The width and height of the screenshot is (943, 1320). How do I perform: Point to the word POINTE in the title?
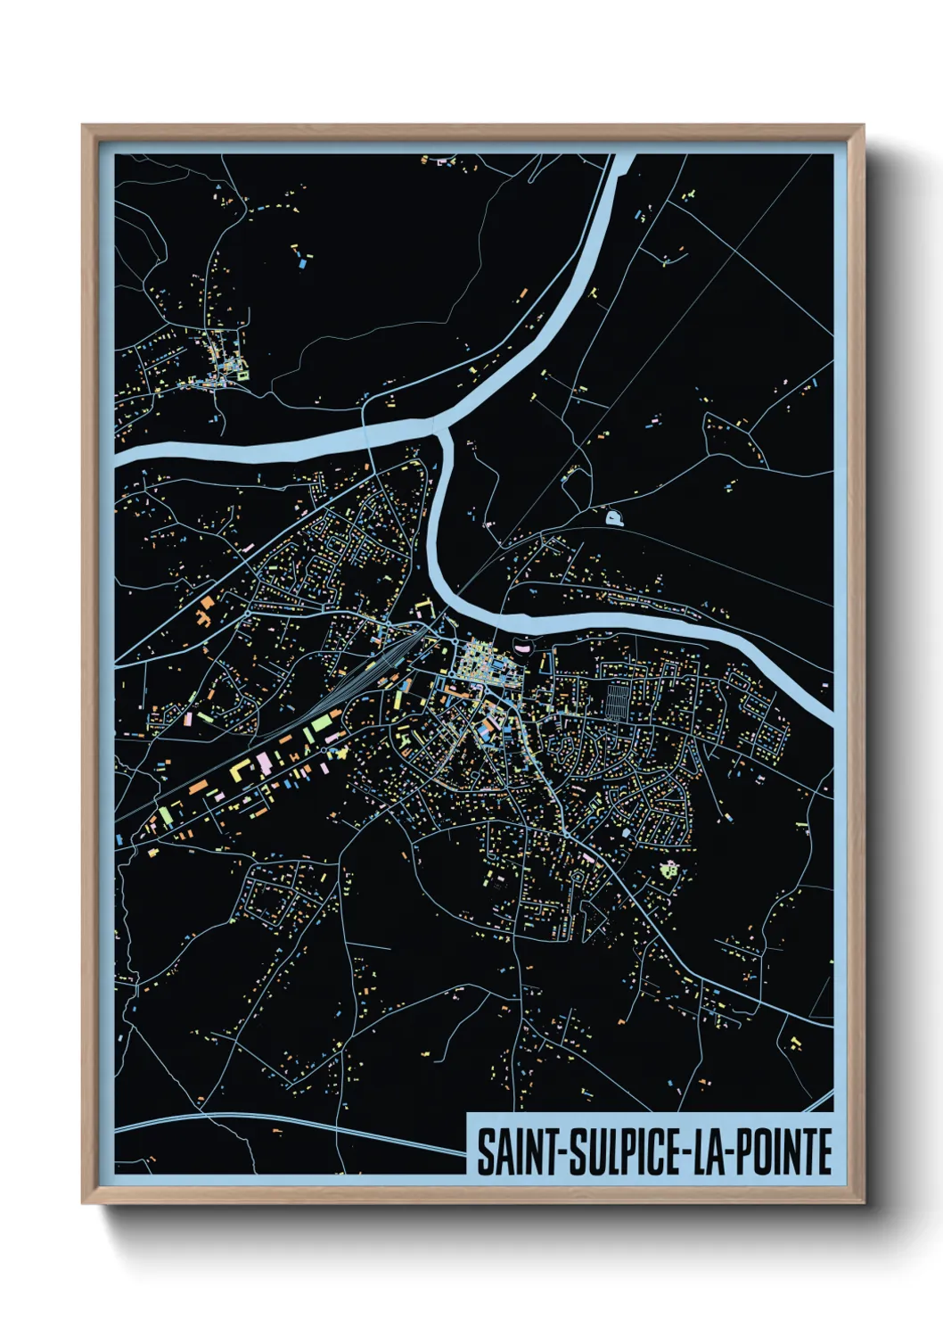pos(784,1152)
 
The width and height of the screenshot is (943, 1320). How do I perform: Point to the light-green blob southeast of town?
pos(668,867)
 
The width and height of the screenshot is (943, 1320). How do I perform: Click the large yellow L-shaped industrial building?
pos(239,769)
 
